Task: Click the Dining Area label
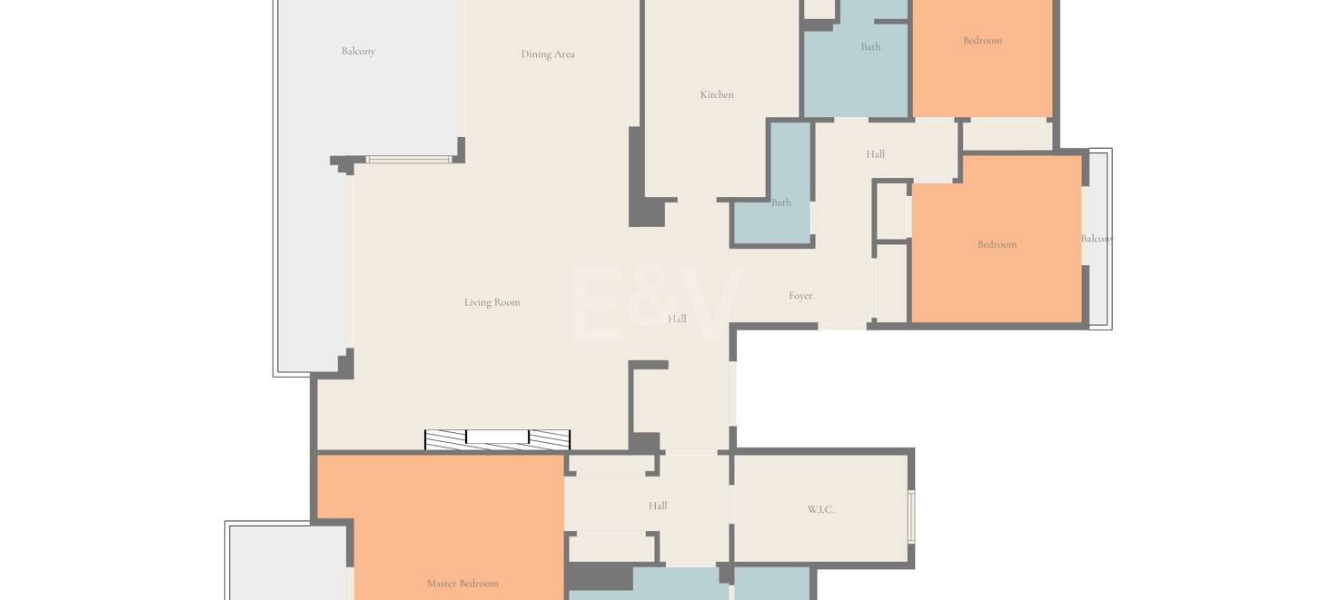tap(548, 54)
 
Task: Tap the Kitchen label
tap(717, 94)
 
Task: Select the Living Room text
tap(492, 302)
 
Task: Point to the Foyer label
tap(800, 296)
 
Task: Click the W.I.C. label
tap(820, 509)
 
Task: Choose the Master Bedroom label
tap(462, 584)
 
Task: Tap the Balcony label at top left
tap(358, 52)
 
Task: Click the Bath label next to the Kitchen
tap(780, 202)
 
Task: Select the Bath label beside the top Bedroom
tap(870, 46)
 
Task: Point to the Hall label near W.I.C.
tap(658, 507)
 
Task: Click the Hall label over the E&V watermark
tap(677, 319)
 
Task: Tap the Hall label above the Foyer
tap(875, 154)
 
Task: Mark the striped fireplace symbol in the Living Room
tap(498, 439)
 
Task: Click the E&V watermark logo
tap(657, 304)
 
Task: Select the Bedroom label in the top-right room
tap(982, 41)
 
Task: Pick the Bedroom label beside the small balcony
tap(997, 245)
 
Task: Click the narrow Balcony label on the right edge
tap(1098, 239)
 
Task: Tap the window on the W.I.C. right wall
tap(911, 516)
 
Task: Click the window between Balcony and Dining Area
tap(409, 160)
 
